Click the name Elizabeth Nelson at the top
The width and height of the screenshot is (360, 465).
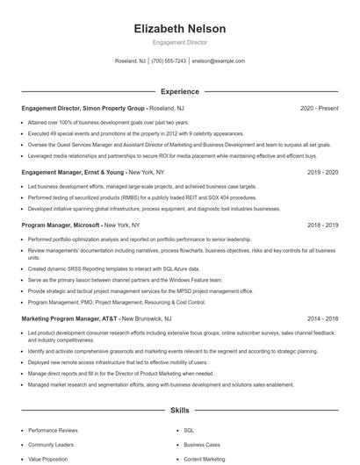[179, 29]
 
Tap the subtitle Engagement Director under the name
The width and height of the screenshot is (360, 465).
[179, 41]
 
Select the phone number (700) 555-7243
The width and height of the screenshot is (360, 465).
[169, 61]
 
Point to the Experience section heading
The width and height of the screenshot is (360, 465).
[179, 90]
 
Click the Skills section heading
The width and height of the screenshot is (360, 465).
[179, 410]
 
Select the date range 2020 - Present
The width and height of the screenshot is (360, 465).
[319, 108]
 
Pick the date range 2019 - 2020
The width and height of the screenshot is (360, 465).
[322, 173]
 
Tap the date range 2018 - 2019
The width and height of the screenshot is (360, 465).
[322, 225]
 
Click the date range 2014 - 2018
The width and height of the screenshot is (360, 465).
[322, 319]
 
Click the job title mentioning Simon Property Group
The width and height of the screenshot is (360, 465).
[84, 108]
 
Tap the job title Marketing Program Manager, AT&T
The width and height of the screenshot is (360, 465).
[70, 319]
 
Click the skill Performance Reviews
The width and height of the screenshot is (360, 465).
[53, 431]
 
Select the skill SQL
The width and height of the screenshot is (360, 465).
[189, 431]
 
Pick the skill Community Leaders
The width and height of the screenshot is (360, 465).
[51, 445]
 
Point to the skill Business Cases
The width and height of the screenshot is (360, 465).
[201, 445]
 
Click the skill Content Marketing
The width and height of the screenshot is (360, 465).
[204, 459]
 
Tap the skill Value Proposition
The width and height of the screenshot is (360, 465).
[49, 459]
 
